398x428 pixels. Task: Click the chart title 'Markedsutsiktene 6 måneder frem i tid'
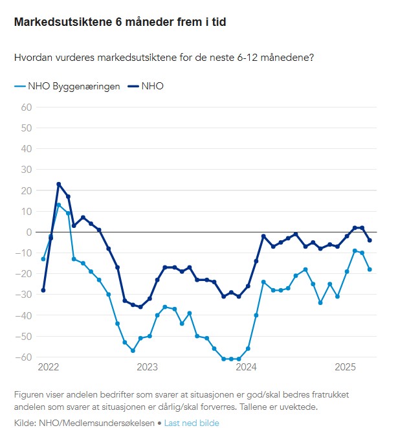(120, 22)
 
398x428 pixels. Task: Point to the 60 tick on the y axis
(27, 107)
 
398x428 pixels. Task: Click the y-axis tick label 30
(27, 170)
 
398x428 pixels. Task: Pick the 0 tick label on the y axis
(29, 232)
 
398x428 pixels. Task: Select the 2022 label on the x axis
(49, 366)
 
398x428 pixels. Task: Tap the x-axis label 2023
(148, 366)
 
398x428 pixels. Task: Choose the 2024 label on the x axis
(247, 366)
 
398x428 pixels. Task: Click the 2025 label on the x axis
(346, 366)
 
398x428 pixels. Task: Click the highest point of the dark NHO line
(59, 184)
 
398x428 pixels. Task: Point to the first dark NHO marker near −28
(43, 290)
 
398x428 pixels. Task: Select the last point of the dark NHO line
(370, 240)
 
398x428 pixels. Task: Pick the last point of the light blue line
(370, 269)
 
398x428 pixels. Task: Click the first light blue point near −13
(43, 259)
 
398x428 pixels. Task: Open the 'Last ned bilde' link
(192, 423)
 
